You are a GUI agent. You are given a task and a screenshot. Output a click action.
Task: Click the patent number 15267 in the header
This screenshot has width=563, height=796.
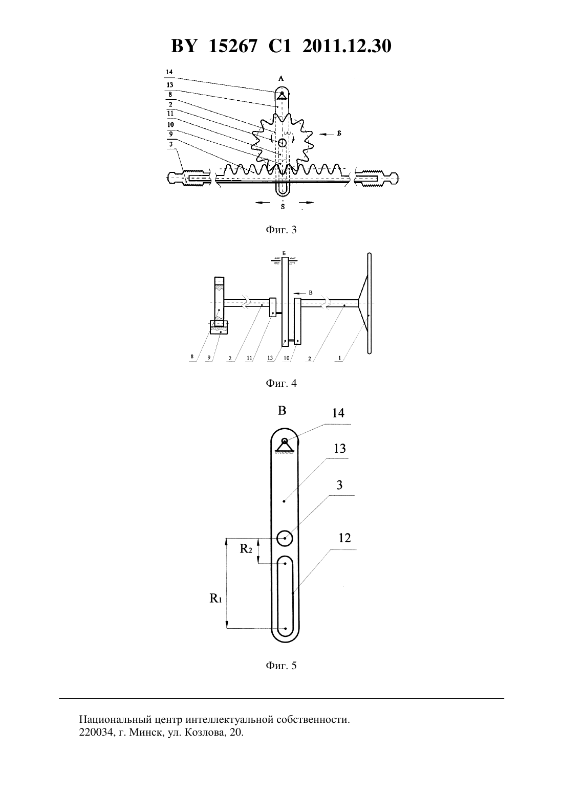pyautogui.click(x=232, y=46)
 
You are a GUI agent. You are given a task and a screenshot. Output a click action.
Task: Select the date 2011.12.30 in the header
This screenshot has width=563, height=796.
pyautogui.click(x=347, y=46)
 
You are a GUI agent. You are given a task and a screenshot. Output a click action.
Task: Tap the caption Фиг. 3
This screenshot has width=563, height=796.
pyautogui.click(x=281, y=230)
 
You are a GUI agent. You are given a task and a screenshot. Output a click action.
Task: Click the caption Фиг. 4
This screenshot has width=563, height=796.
pyautogui.click(x=281, y=384)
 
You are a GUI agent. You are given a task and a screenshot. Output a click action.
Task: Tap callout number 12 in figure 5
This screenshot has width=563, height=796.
pyautogui.click(x=344, y=538)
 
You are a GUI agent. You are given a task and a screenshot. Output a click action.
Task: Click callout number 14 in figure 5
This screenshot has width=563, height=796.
pyautogui.click(x=338, y=413)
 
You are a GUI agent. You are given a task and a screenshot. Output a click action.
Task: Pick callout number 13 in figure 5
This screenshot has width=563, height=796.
pyautogui.click(x=339, y=449)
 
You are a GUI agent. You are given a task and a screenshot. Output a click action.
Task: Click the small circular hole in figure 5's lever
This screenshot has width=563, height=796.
pyautogui.click(x=285, y=538)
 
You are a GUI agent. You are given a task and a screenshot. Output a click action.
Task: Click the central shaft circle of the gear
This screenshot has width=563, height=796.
pyautogui.click(x=282, y=143)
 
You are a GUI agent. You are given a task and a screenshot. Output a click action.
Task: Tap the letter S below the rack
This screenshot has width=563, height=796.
pyautogui.click(x=283, y=207)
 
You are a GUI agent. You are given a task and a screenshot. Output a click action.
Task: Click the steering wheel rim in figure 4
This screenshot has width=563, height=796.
pyautogui.click(x=370, y=303)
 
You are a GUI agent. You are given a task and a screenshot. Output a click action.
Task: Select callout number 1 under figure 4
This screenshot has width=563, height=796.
pyautogui.click(x=339, y=359)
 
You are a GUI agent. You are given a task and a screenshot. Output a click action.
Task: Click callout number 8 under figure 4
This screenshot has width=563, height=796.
pyautogui.click(x=192, y=357)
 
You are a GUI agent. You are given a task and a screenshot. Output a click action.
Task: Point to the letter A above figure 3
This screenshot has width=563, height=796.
pyautogui.click(x=281, y=79)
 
